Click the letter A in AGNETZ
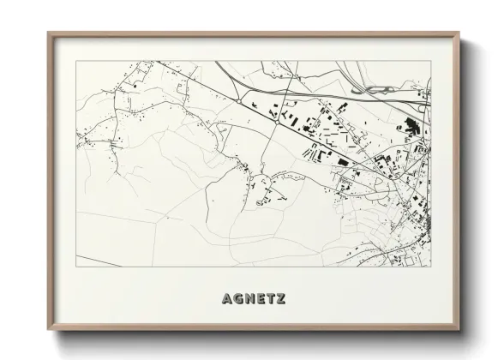[x=226, y=299]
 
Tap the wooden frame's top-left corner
[x=48, y=33]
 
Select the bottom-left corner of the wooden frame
[x=48, y=329]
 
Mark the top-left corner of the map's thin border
[x=77, y=61]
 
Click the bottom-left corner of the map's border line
[x=77, y=267]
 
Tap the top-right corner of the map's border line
[x=431, y=61]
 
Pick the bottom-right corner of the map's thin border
[x=431, y=267]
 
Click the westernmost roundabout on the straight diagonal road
[x=237, y=101]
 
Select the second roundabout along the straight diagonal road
[x=276, y=120]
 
